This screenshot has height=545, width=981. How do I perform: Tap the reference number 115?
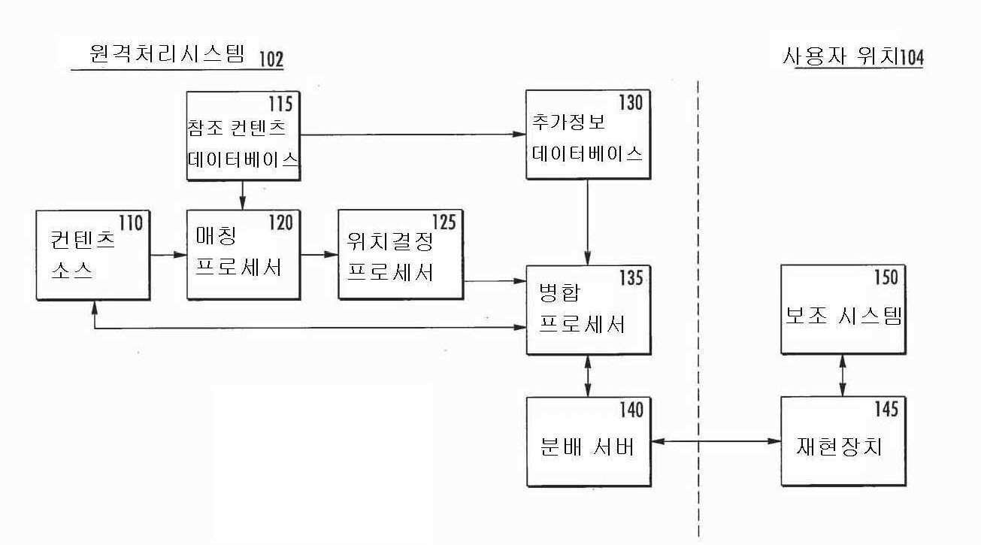280,102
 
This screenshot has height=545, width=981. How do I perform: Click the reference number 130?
630,102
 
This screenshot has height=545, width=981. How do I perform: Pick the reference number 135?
630,278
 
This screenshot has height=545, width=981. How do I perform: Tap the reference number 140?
630,410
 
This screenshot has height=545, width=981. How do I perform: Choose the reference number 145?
885,409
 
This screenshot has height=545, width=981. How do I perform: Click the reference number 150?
885,277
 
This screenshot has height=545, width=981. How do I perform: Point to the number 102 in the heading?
271,60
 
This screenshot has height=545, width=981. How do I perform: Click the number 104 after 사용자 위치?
911,58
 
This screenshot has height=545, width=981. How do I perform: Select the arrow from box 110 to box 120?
168,255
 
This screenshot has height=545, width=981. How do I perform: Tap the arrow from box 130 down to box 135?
587,222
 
